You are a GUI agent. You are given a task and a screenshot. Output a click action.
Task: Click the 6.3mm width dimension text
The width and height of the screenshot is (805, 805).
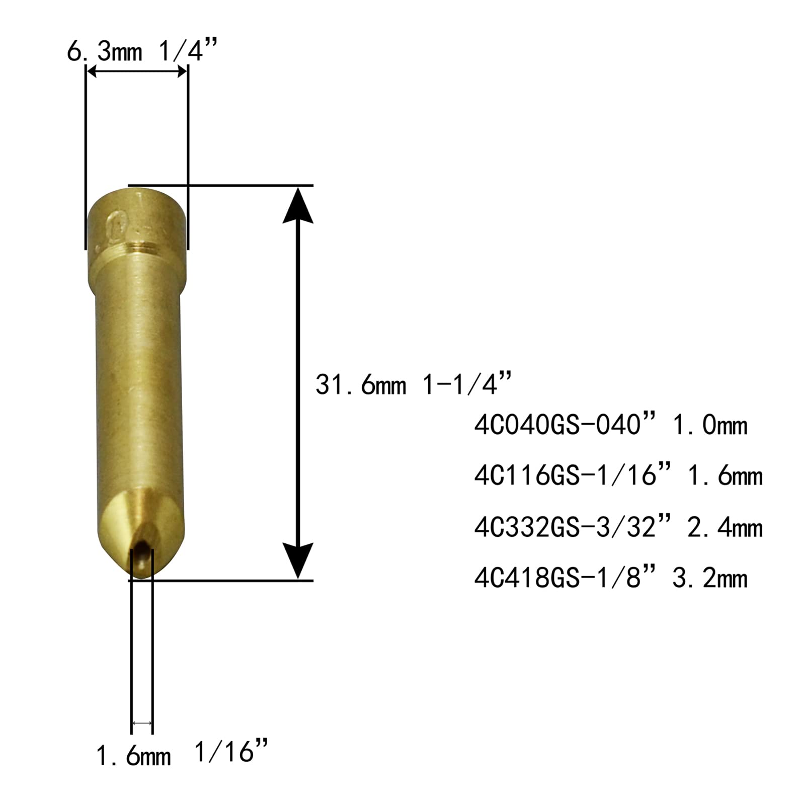pos(105,52)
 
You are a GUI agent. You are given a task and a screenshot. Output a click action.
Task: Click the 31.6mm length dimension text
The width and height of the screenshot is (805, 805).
pos(360,385)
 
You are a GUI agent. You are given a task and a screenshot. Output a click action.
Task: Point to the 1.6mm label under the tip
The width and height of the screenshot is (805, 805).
pos(133,756)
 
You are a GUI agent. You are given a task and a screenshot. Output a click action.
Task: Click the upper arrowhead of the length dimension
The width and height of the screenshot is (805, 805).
pos(298,206)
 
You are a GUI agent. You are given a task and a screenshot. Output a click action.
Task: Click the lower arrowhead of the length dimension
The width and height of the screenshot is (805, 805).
pos(298,559)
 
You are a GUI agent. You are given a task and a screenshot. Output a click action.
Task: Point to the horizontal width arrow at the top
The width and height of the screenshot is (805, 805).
pos(137,72)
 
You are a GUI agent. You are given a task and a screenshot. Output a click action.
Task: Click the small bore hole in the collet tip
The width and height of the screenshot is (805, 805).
pos(141,546)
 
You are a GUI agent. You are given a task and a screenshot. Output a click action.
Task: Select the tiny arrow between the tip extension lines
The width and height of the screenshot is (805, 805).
pos(142,723)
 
